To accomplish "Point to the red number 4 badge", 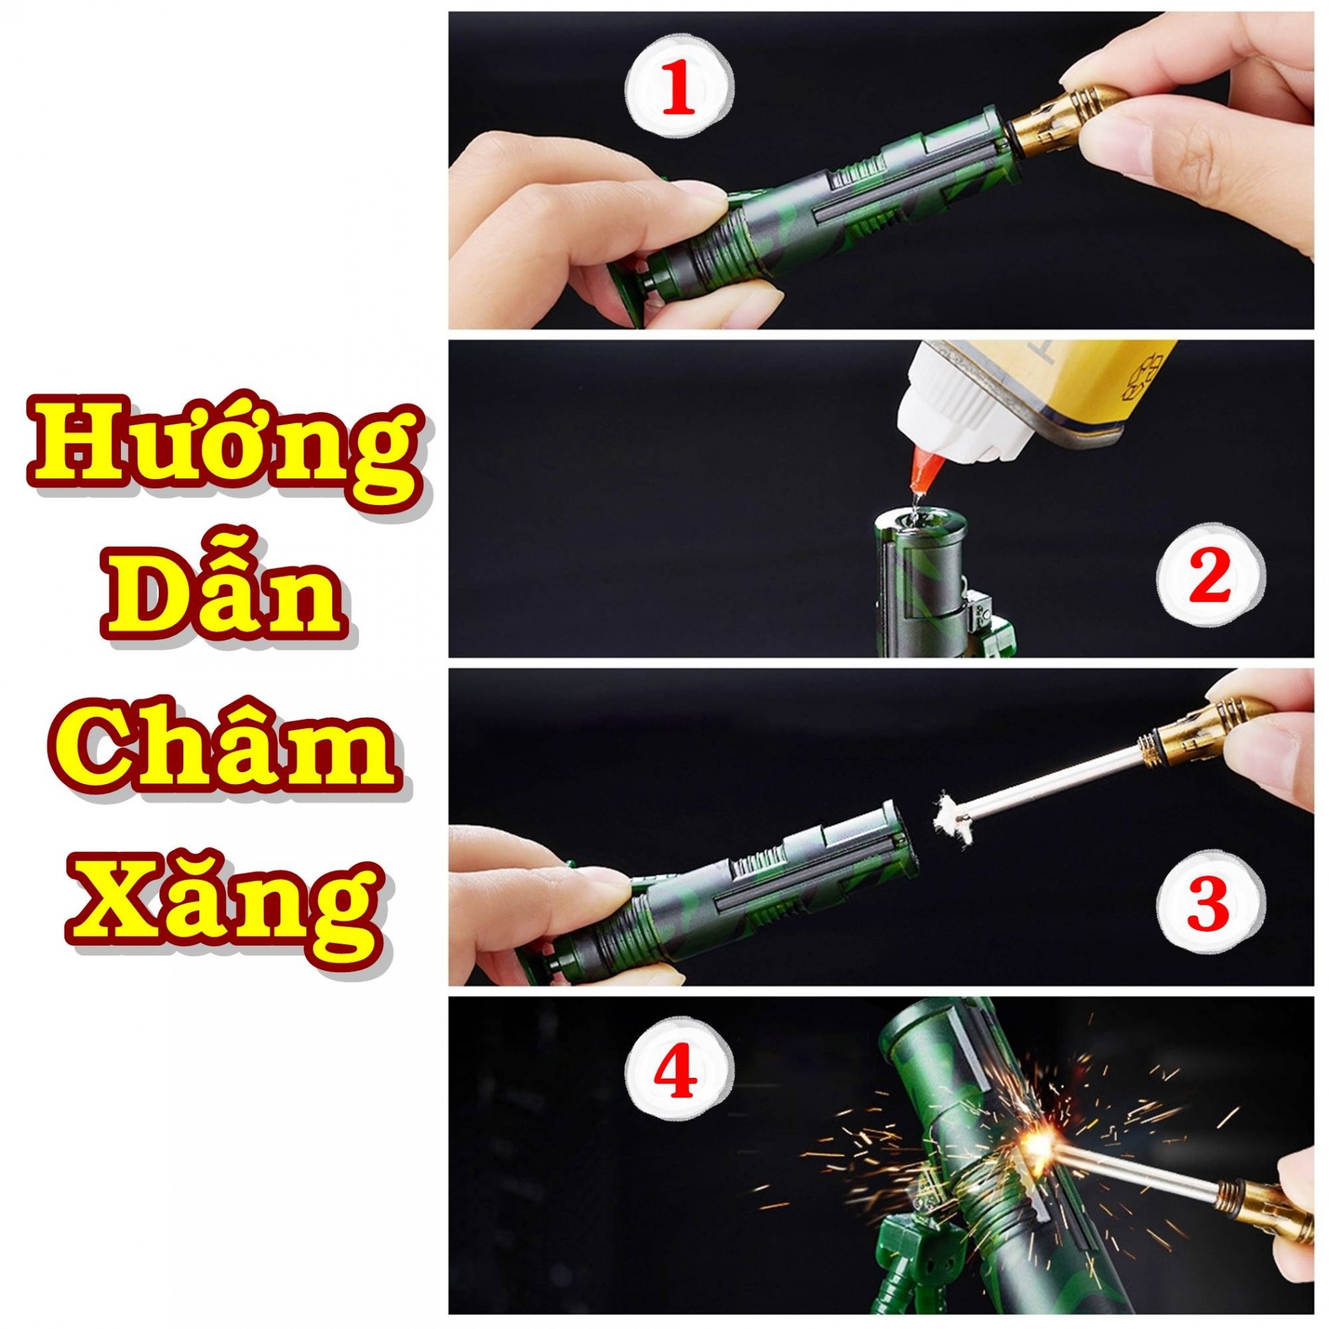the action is click(x=678, y=1074).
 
